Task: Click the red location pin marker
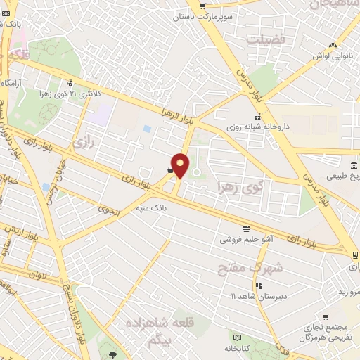(x=181, y=165)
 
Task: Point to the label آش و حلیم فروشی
(x=247, y=240)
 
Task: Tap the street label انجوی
(x=109, y=210)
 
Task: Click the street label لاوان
(x=38, y=275)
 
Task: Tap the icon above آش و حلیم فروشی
(x=246, y=228)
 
